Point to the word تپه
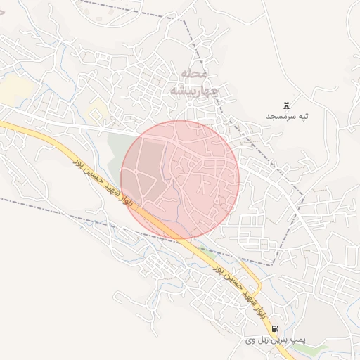(x=302, y=116)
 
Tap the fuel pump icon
(x=274, y=328)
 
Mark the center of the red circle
(x=180, y=180)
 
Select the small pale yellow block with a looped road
(x=98, y=109)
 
